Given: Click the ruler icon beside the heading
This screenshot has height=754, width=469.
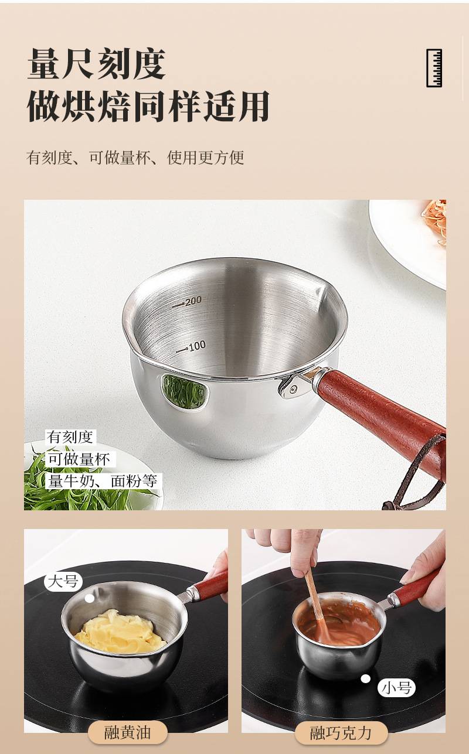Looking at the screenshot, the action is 434,68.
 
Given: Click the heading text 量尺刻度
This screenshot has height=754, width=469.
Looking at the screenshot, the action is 96,64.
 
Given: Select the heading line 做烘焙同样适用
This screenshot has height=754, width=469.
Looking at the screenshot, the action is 148,106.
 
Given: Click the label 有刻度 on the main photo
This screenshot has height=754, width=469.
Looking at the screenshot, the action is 70,437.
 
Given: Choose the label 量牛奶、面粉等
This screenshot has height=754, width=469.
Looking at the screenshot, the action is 103,481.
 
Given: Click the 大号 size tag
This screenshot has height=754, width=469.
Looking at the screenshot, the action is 63,581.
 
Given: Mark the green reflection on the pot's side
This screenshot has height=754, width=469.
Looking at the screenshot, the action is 184,391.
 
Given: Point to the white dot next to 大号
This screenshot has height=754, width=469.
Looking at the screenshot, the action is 89,598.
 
